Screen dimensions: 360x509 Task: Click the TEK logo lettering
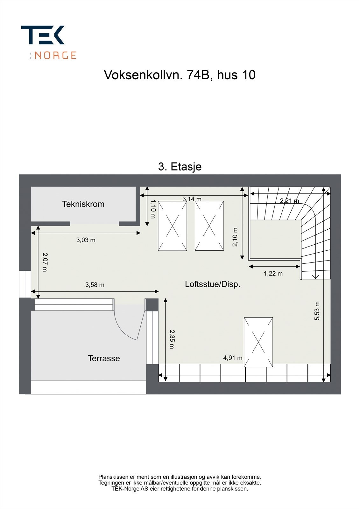(x=43, y=35)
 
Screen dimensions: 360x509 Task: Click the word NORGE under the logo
(x=55, y=55)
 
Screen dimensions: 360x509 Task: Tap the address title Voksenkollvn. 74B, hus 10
(x=180, y=75)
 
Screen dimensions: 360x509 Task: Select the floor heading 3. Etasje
(x=180, y=167)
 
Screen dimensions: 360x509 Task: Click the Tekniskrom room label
(x=83, y=204)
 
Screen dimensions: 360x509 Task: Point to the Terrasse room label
(x=104, y=358)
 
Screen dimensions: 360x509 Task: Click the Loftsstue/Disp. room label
(x=213, y=284)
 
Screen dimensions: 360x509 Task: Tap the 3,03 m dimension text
(x=86, y=240)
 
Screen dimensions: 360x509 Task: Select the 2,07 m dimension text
(x=45, y=262)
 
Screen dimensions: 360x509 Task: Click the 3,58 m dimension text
(x=95, y=285)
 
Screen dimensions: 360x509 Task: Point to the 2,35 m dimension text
(x=172, y=339)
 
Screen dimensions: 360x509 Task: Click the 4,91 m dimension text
(x=233, y=358)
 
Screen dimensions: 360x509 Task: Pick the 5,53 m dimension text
(x=317, y=311)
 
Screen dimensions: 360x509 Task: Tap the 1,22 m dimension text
(x=273, y=274)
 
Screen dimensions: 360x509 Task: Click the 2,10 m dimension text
(x=235, y=237)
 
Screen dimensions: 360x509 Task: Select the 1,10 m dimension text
(x=153, y=209)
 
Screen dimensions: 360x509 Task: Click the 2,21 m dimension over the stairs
(x=289, y=201)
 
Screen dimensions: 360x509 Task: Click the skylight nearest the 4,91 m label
(x=258, y=342)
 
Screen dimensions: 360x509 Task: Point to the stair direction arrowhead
(x=316, y=277)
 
